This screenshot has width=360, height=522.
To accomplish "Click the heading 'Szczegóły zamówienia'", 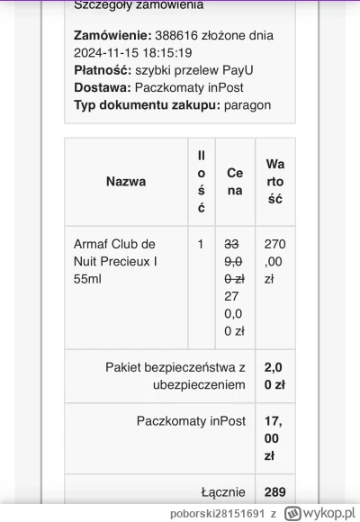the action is [x=138, y=5].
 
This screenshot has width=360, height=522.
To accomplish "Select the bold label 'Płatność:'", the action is [x=103, y=70].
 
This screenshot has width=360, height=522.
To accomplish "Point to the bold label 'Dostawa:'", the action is [x=102, y=88].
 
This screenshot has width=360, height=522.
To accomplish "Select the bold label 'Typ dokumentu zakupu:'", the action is [x=147, y=106].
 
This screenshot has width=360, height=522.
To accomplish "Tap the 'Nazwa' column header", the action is [x=126, y=181].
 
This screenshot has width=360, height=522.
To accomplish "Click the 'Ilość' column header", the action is [x=201, y=181].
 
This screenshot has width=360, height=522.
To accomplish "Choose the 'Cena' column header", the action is [x=234, y=181].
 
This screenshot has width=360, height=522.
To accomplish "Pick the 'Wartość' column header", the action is [x=275, y=181].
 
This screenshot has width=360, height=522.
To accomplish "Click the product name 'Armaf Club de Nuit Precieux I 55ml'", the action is [x=114, y=261].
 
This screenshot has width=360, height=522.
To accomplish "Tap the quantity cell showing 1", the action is [x=201, y=244].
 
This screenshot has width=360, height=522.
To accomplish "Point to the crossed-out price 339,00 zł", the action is [x=233, y=261].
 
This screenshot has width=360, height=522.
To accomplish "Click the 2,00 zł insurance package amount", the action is [x=274, y=375].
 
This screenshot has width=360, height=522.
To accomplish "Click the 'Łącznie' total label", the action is [x=222, y=492].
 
